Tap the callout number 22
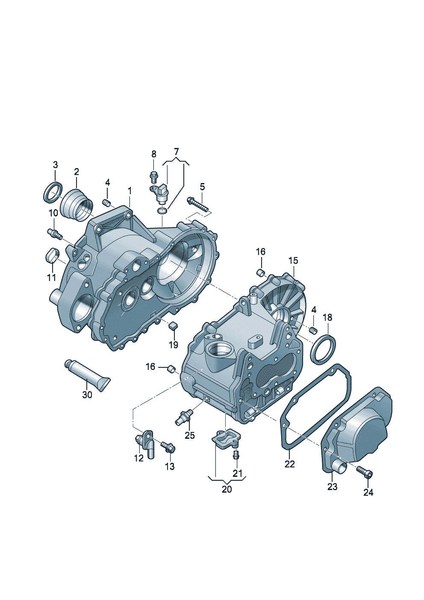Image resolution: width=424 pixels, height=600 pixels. click(x=290, y=464)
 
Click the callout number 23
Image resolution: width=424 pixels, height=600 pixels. click(x=333, y=486)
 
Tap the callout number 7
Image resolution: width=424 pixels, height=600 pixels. click(x=176, y=152)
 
